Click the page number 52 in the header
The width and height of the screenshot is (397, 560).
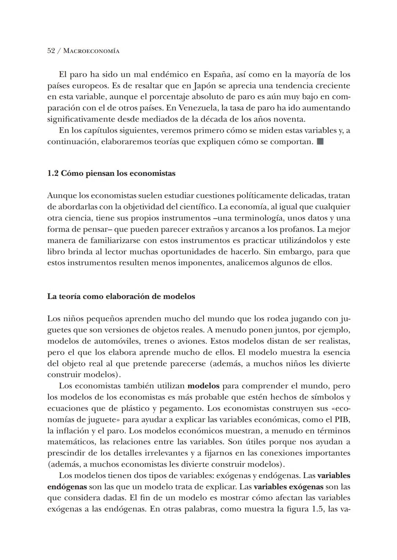(x=51, y=51)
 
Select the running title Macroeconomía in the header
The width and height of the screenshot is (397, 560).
(x=91, y=51)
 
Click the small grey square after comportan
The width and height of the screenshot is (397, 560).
(x=320, y=142)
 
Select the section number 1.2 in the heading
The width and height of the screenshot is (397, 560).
(x=53, y=173)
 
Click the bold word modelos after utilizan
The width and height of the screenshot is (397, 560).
(x=203, y=386)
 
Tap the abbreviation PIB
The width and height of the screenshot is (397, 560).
(x=341, y=420)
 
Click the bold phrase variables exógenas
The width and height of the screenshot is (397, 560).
(x=289, y=487)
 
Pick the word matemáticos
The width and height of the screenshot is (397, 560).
(x=71, y=442)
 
